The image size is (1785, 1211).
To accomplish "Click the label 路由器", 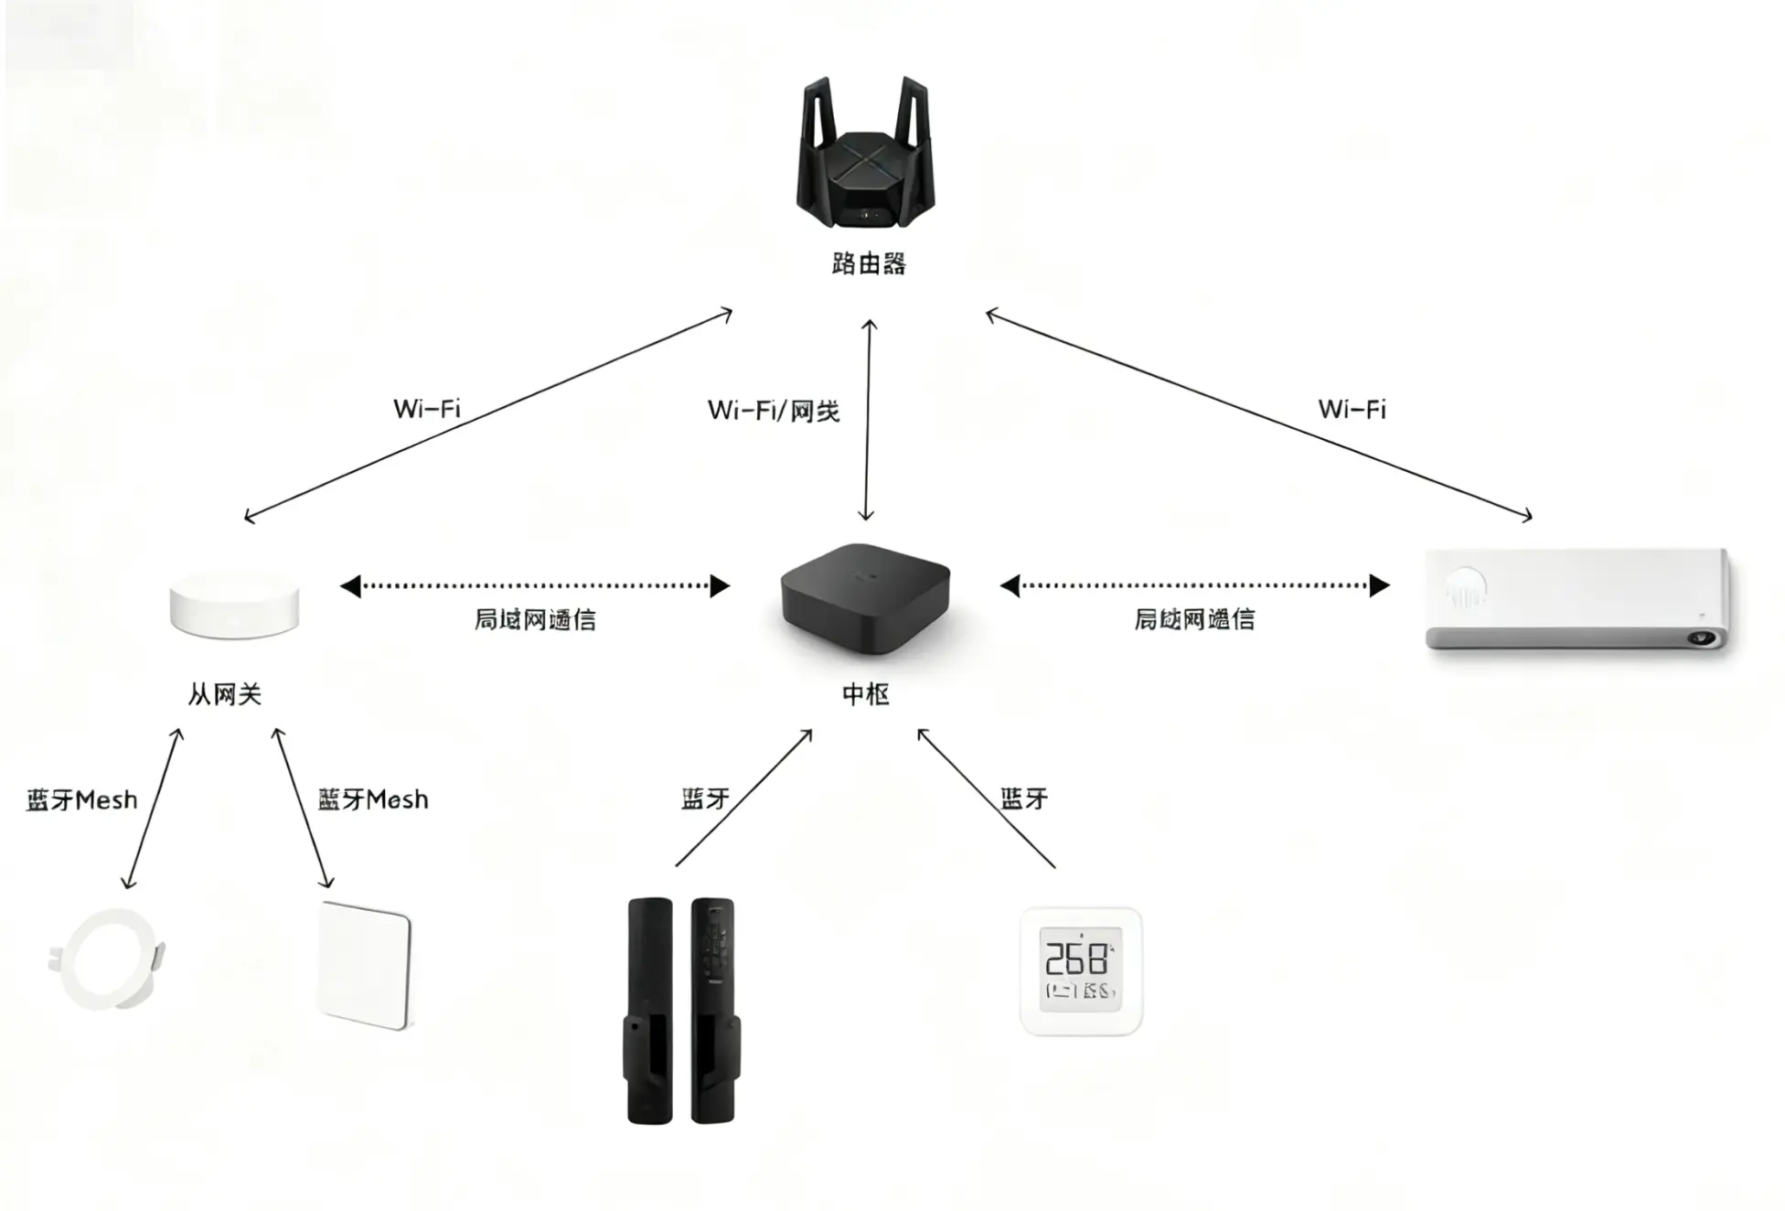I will pyautogui.click(x=869, y=264).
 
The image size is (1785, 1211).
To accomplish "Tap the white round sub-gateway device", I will pyautogui.click(x=234, y=605).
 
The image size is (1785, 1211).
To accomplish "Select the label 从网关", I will pyautogui.click(x=225, y=694).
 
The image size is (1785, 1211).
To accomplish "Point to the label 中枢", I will pyautogui.click(x=865, y=694).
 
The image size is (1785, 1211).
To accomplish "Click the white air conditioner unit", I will pyautogui.click(x=1578, y=599).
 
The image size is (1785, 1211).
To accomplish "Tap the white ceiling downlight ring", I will pyautogui.click(x=107, y=959).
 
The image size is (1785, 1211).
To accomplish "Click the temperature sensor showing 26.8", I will pyautogui.click(x=1081, y=971).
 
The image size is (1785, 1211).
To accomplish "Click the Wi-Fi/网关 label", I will pyautogui.click(x=774, y=411).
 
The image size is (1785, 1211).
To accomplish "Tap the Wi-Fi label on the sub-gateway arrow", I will pyautogui.click(x=427, y=408).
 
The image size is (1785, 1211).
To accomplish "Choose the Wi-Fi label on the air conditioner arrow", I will pyautogui.click(x=1352, y=409).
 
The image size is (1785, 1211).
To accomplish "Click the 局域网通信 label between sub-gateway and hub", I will pyautogui.click(x=535, y=620).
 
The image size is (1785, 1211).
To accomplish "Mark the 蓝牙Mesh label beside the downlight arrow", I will pyautogui.click(x=81, y=800).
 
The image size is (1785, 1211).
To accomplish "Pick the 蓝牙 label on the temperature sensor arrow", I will pyautogui.click(x=1024, y=798).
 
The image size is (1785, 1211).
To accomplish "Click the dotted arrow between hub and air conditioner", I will pyautogui.click(x=1195, y=585).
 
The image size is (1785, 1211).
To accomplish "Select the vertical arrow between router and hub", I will pyautogui.click(x=868, y=421).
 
